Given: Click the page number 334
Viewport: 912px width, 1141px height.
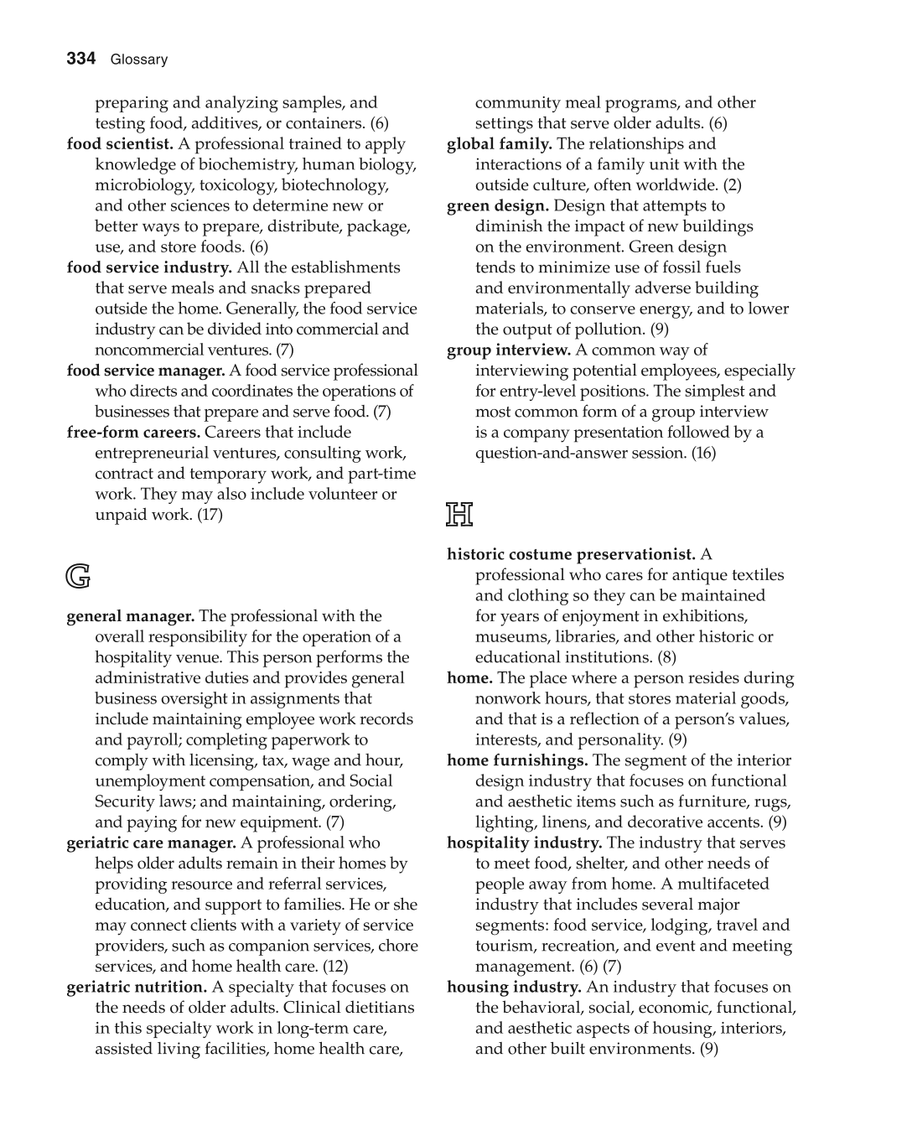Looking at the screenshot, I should (x=81, y=59).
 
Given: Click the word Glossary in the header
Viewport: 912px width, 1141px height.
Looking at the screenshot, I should (x=139, y=60).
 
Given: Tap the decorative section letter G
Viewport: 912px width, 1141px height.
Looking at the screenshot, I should (x=78, y=576).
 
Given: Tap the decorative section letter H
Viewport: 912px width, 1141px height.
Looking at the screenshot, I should (x=459, y=514).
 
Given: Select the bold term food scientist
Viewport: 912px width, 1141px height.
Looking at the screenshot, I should (x=120, y=143).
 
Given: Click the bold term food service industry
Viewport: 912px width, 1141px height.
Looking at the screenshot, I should (x=149, y=267).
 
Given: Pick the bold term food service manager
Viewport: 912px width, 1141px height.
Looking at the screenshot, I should (x=146, y=371).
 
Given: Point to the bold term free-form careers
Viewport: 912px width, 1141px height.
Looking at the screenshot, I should (x=133, y=433).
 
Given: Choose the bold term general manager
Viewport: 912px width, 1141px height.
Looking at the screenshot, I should (x=131, y=616).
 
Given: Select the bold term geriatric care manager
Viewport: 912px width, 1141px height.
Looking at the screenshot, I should (x=151, y=843).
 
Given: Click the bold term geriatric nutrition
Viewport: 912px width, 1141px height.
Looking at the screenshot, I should (x=137, y=987).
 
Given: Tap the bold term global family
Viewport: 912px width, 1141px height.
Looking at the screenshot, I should (x=500, y=143).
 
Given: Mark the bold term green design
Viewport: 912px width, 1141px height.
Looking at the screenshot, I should (x=498, y=205).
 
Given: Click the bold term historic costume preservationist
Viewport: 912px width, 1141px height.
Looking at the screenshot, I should (x=571, y=554).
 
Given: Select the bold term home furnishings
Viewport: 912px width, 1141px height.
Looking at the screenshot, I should (x=517, y=760).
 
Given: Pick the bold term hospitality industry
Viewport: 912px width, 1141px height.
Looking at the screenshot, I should (x=524, y=843).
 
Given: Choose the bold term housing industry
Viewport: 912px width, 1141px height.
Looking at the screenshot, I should (x=514, y=987).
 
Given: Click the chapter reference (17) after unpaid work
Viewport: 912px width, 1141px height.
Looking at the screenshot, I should (x=210, y=515).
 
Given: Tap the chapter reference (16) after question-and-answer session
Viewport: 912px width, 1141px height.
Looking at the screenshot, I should (x=703, y=453).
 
